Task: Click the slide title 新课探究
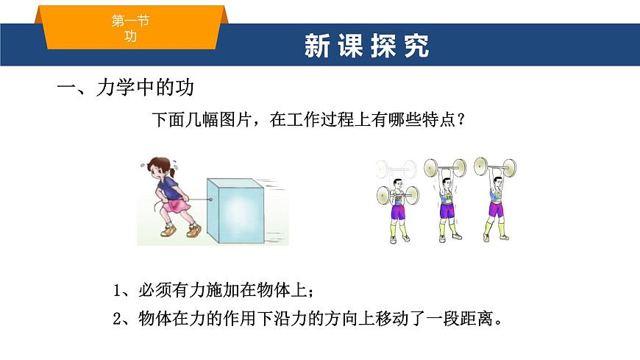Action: tap(366, 45)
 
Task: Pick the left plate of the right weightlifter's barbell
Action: tap(481, 166)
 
